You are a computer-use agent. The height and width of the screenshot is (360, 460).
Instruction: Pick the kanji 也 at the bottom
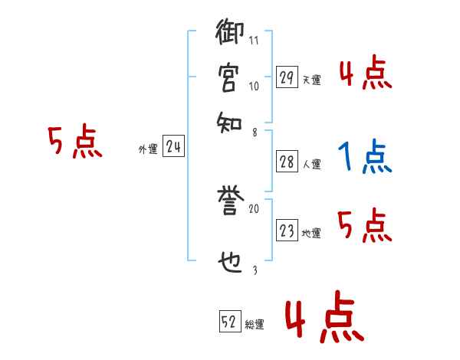pyautogui.click(x=230, y=265)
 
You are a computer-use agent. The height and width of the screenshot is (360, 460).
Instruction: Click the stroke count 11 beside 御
pyautogui.click(x=254, y=41)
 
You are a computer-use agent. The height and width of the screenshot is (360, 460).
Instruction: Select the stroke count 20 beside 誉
pyautogui.click(x=254, y=208)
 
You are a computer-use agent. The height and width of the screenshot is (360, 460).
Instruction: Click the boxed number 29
pyautogui.click(x=287, y=77)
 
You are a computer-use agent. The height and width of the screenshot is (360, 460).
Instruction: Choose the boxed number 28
pyautogui.click(x=287, y=162)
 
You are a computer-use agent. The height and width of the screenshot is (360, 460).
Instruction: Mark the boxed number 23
pyautogui.click(x=287, y=231)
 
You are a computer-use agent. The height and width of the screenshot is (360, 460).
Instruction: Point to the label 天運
pyautogui.click(x=310, y=80)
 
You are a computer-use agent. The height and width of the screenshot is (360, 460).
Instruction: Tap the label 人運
pyautogui.click(x=311, y=164)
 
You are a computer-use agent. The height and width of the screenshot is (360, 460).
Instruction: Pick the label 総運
pyautogui.click(x=255, y=324)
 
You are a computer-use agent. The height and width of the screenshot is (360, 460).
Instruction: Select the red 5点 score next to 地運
pyautogui.click(x=364, y=227)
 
